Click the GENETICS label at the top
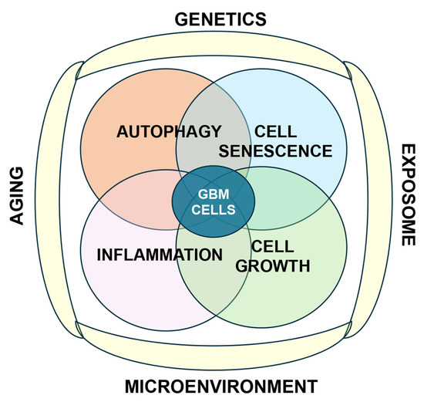point(220,19)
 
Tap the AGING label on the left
point(17,195)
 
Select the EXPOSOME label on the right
point(408,194)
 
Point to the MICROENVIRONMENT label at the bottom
point(221,387)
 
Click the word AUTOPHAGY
point(169,132)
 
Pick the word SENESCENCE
point(275,150)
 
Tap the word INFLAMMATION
point(160,255)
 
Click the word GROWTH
point(273,266)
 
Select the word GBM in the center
point(214,194)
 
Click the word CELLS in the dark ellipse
point(214,210)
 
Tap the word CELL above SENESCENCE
point(275,132)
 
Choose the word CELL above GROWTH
point(273,246)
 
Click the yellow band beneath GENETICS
point(214,45)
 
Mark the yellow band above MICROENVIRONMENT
point(214,346)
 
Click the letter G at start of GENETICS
point(181,19)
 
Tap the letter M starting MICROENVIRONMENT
point(132,387)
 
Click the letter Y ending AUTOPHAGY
point(216,132)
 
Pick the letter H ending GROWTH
point(305,266)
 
